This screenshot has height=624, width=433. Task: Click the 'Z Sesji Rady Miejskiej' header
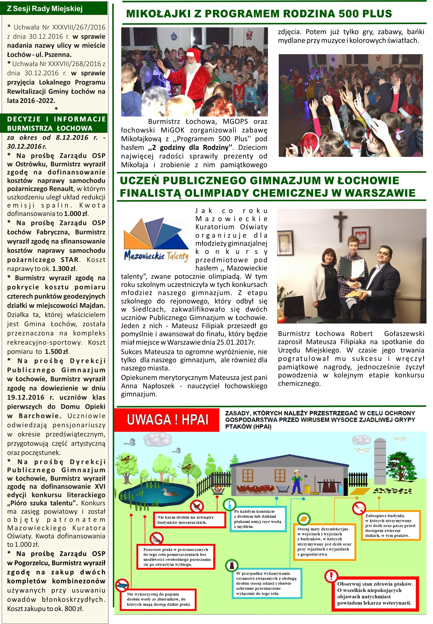coord(45,9)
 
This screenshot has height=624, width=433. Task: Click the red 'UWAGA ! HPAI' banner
coord(167,420)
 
